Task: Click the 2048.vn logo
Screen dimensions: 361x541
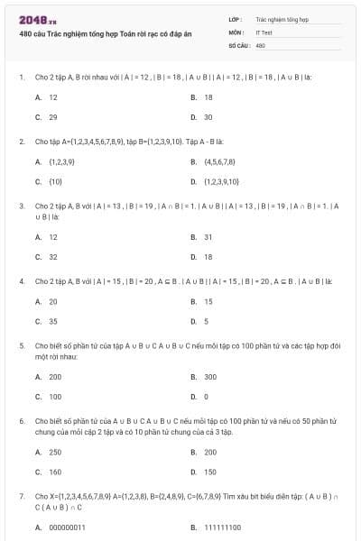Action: (x=37, y=19)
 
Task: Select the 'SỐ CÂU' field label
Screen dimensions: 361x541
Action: (x=237, y=44)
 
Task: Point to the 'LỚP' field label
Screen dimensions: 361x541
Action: (x=235, y=17)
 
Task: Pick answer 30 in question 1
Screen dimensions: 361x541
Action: (x=208, y=117)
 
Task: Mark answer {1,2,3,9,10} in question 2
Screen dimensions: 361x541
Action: (x=221, y=182)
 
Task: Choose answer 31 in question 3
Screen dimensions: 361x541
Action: (x=208, y=237)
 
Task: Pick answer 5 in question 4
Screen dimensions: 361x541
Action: (x=207, y=321)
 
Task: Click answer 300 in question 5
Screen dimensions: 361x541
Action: (x=210, y=376)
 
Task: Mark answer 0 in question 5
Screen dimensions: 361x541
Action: (x=207, y=396)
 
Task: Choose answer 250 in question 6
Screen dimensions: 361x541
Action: (x=55, y=452)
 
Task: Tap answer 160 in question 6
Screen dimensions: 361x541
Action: (x=55, y=472)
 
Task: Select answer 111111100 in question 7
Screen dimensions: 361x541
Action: (x=223, y=527)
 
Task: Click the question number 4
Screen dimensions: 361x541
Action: (x=21, y=281)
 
